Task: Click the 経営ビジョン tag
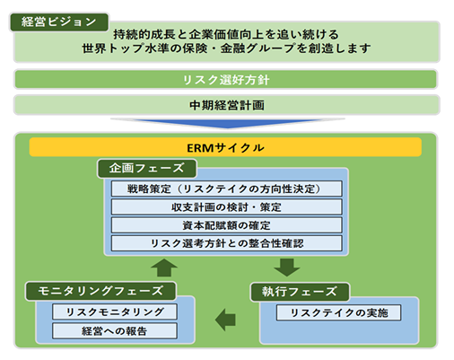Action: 59,22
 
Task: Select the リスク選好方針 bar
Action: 226,80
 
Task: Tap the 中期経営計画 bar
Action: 226,105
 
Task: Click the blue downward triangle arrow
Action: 227,123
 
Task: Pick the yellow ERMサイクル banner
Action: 225,147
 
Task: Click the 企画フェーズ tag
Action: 147,169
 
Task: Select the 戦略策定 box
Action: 226,189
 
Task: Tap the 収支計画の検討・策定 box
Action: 226,206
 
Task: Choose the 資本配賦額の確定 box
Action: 226,225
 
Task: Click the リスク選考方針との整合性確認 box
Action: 226,243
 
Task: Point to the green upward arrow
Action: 164,268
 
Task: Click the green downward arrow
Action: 287,267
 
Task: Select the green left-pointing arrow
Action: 225,320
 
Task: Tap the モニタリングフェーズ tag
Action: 100,291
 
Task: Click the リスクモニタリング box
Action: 115,312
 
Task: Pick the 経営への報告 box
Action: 115,330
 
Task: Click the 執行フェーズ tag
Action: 300,292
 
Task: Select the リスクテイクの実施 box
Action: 338,312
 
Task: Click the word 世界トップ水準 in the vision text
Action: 119,48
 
